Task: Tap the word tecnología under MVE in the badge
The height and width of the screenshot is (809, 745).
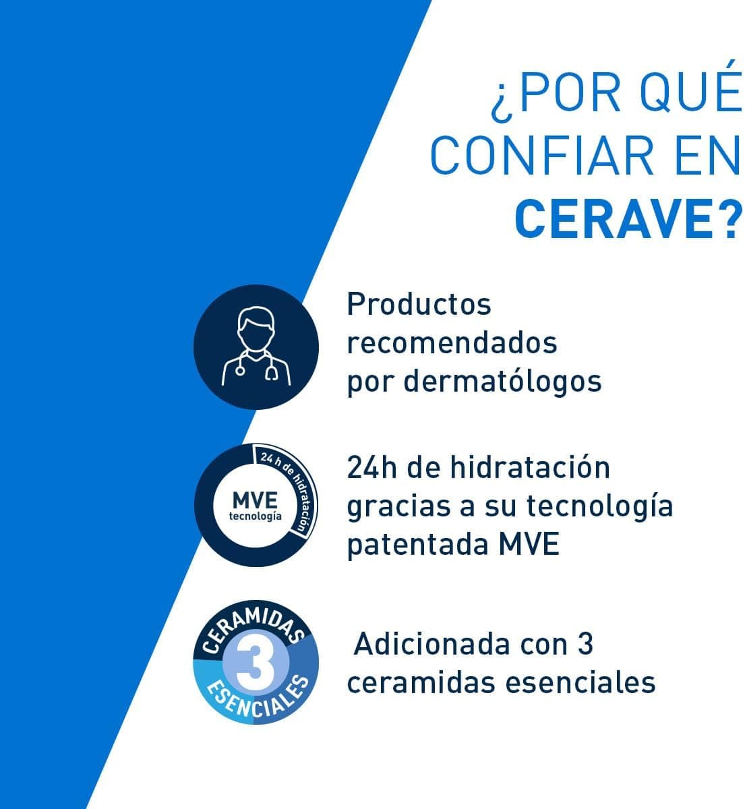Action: click(x=255, y=516)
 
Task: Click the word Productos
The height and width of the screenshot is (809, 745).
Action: click(x=419, y=304)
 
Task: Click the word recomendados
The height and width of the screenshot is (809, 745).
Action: click(x=452, y=342)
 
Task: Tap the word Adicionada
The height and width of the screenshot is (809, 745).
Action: click(x=432, y=644)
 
